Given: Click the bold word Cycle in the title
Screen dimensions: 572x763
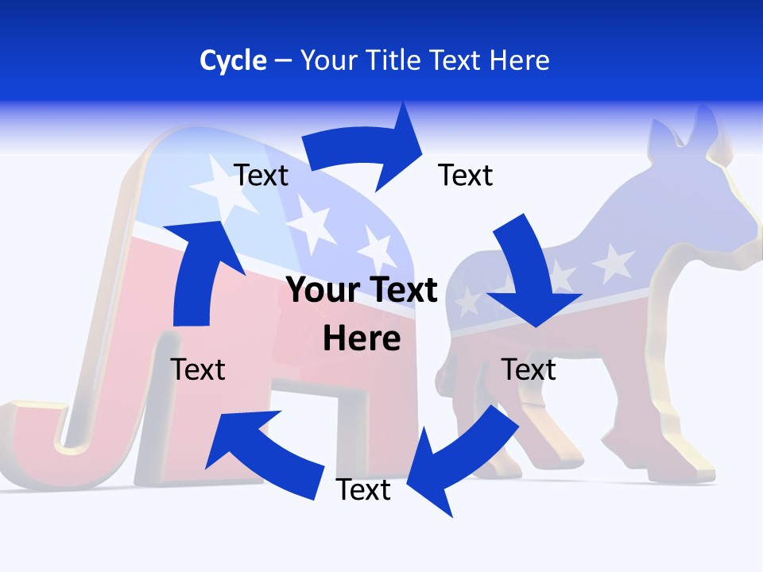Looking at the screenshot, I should click(233, 60).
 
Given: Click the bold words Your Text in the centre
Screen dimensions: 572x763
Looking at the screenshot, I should click(362, 290).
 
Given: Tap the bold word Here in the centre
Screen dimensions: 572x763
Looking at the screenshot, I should click(362, 339).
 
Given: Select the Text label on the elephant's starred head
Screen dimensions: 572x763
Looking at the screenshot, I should click(261, 176).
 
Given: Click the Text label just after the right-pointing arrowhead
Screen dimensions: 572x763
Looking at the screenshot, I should click(466, 176).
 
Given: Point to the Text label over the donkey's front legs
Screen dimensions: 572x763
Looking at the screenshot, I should click(529, 369).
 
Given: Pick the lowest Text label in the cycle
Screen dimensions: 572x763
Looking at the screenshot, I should click(363, 490).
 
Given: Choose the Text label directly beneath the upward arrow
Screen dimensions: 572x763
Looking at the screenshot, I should click(199, 369).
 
